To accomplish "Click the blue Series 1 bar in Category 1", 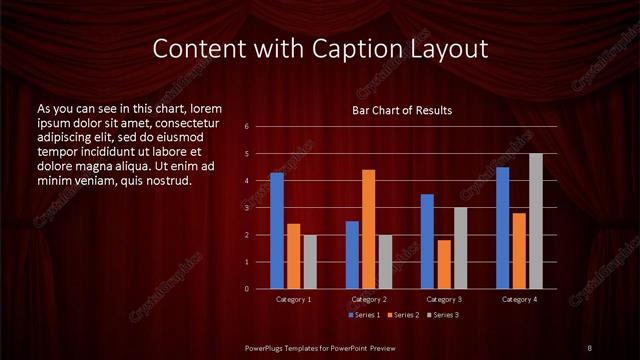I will [x=277, y=231].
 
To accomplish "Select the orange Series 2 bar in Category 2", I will [x=369, y=229].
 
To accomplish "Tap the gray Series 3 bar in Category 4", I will [x=536, y=221].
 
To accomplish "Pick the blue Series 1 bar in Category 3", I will [x=427, y=241].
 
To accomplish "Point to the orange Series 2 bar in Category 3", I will [x=444, y=264].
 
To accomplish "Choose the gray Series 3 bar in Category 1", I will [x=310, y=261].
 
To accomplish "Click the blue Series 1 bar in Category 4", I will [x=502, y=228].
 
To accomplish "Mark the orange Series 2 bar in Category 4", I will [x=519, y=251].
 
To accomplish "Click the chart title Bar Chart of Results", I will [x=402, y=110].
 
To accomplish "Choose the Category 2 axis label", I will [x=369, y=299].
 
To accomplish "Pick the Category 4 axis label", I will [x=519, y=299].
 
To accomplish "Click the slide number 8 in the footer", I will [x=589, y=347].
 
